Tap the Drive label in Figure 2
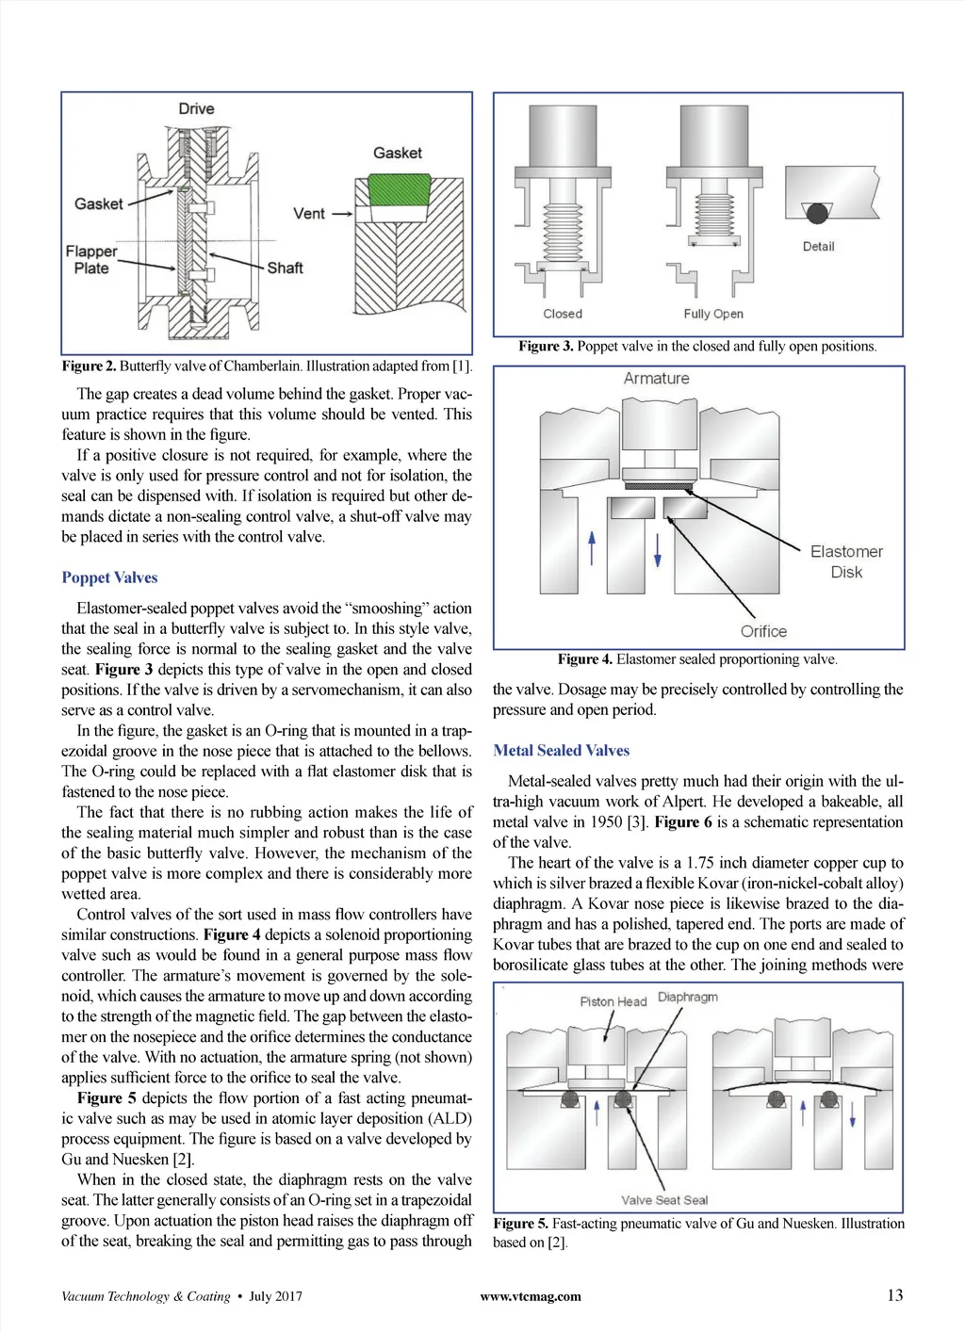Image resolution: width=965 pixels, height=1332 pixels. (x=196, y=109)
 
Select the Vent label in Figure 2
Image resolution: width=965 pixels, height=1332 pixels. (x=308, y=214)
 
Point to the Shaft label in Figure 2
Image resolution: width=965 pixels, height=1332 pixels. (x=285, y=268)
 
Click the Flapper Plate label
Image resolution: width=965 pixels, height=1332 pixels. (x=91, y=260)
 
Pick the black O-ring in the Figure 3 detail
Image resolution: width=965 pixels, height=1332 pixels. (x=817, y=213)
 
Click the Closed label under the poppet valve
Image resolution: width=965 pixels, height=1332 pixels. (x=563, y=314)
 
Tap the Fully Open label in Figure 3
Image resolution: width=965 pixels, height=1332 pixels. (x=713, y=314)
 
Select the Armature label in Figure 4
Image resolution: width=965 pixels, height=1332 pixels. (x=656, y=379)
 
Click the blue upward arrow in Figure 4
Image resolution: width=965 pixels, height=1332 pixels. (x=592, y=547)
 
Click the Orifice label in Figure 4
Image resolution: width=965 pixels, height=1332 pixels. (x=763, y=631)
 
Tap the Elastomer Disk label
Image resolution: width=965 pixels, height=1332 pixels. (x=846, y=561)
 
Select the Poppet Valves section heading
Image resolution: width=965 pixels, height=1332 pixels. (x=109, y=577)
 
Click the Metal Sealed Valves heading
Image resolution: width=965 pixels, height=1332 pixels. (x=561, y=751)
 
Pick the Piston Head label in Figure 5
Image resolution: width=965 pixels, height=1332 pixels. (x=613, y=1001)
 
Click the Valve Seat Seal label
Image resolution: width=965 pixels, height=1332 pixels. (x=664, y=1200)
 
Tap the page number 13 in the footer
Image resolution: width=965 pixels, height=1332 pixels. (x=894, y=1295)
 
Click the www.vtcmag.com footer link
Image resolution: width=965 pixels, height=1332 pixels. (x=531, y=1296)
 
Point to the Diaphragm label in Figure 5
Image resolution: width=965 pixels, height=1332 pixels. (x=687, y=997)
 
